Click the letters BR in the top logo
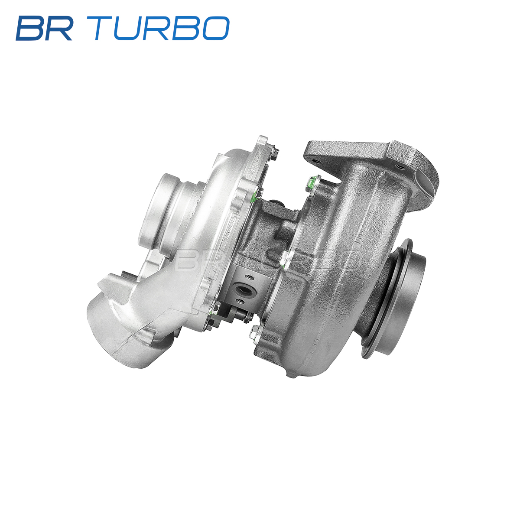click(44, 28)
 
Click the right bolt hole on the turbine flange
click(400, 166)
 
